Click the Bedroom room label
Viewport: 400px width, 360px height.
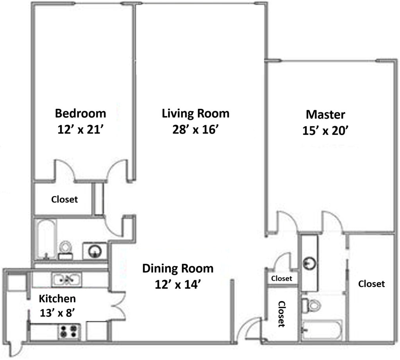tap(80, 114)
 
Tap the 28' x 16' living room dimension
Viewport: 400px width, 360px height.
tap(195, 130)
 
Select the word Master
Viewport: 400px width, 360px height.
tap(325, 114)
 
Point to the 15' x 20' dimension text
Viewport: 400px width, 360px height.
tap(325, 130)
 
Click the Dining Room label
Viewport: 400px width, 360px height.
tap(178, 269)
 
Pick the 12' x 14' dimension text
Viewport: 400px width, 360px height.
tap(178, 285)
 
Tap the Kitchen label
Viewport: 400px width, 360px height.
tap(57, 299)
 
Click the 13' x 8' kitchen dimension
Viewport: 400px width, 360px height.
tap(57, 313)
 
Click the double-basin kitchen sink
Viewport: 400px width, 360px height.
tap(66, 280)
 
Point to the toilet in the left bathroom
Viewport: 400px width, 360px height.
tap(65, 250)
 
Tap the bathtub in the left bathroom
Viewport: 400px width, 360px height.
tap(46, 239)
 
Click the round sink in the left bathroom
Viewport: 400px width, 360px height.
tap(95, 251)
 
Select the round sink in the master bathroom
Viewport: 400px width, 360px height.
tap(309, 263)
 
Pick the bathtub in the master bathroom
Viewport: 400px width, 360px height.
tap(322, 330)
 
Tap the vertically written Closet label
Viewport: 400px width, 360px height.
tap(281, 314)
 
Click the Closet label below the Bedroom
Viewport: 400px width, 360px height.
tap(64, 200)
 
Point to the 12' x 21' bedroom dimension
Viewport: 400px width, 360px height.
tap(80, 130)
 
